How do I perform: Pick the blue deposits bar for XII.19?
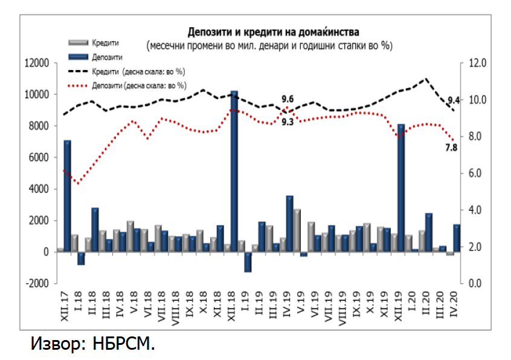401,187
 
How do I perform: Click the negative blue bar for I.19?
248,262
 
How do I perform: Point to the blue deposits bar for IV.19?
290,223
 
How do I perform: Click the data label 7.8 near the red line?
451,147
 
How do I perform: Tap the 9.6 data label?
288,99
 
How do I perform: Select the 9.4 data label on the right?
454,100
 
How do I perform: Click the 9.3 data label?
288,122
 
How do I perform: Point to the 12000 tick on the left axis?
36,63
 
